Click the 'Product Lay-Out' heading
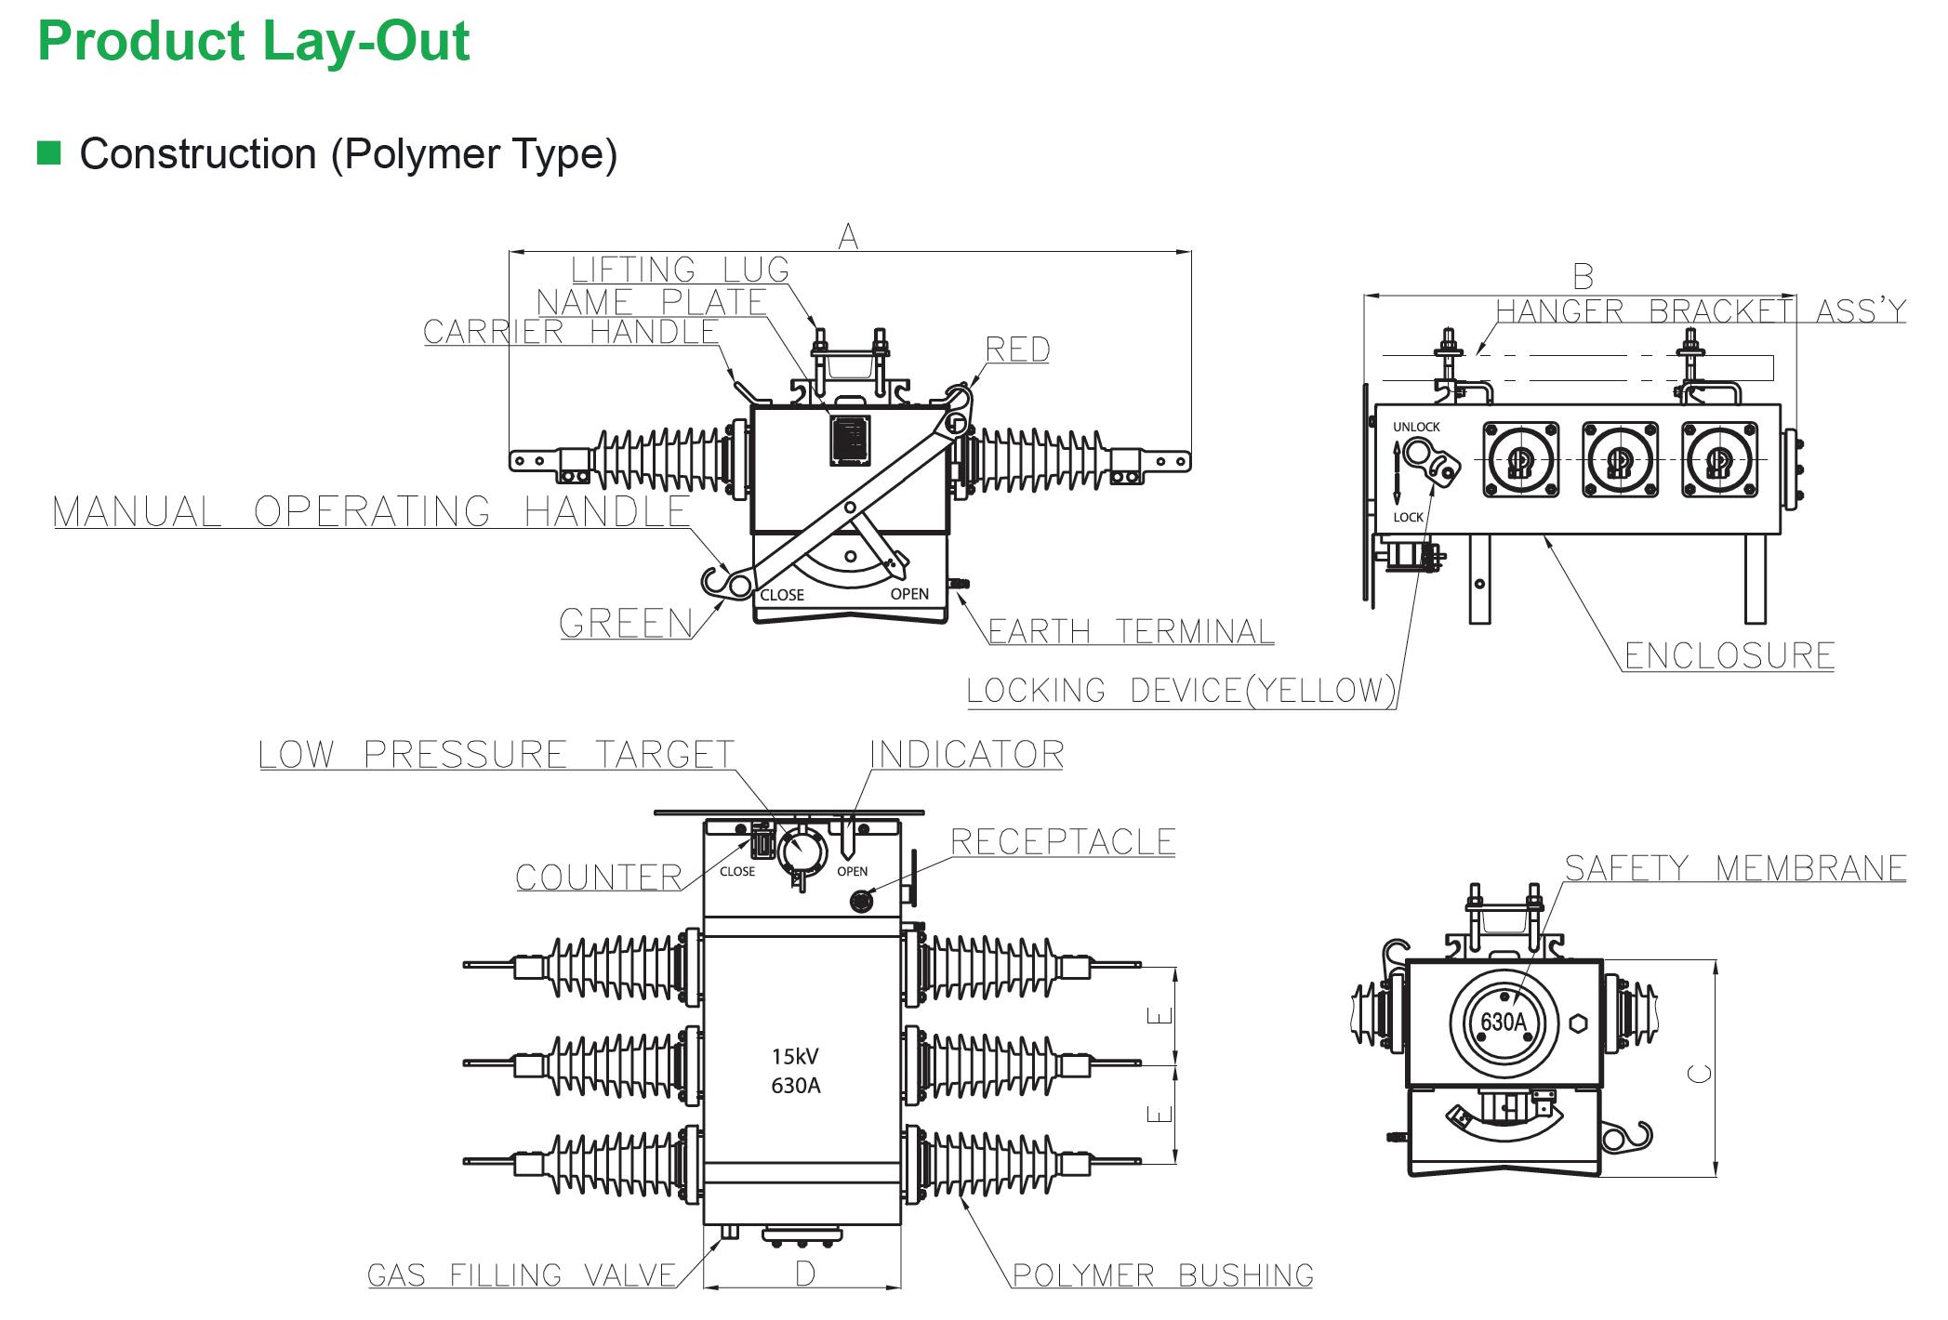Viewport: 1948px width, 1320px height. tap(253, 42)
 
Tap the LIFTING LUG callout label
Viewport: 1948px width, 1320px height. tap(680, 270)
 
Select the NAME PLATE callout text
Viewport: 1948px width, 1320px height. tap(651, 302)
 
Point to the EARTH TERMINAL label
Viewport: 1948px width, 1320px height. tap(1130, 632)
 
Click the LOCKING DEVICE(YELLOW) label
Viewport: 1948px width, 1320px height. tap(1181, 691)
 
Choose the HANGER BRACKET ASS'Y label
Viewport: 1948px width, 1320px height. tap(1701, 310)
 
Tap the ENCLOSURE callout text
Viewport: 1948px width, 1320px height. tap(1729, 656)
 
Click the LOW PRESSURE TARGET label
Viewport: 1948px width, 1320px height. tap(497, 755)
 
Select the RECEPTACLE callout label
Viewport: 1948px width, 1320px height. tap(1063, 842)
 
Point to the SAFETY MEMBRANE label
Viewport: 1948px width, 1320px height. tap(1735, 868)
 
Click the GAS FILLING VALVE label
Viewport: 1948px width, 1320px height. tap(522, 1275)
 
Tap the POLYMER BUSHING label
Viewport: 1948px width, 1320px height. tap(1162, 1275)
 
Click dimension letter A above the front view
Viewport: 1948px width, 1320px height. tap(848, 237)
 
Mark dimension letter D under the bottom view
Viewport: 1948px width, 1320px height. tap(805, 1274)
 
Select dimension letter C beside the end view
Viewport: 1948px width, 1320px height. tap(1700, 1074)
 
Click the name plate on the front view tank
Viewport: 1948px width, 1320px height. tap(850, 440)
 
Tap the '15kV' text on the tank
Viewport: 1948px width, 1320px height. tap(795, 1057)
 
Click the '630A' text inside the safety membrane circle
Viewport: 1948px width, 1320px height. tap(1504, 1023)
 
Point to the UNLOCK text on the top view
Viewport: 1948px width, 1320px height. tap(1416, 428)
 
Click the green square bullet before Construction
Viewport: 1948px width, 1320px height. tap(49, 152)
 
